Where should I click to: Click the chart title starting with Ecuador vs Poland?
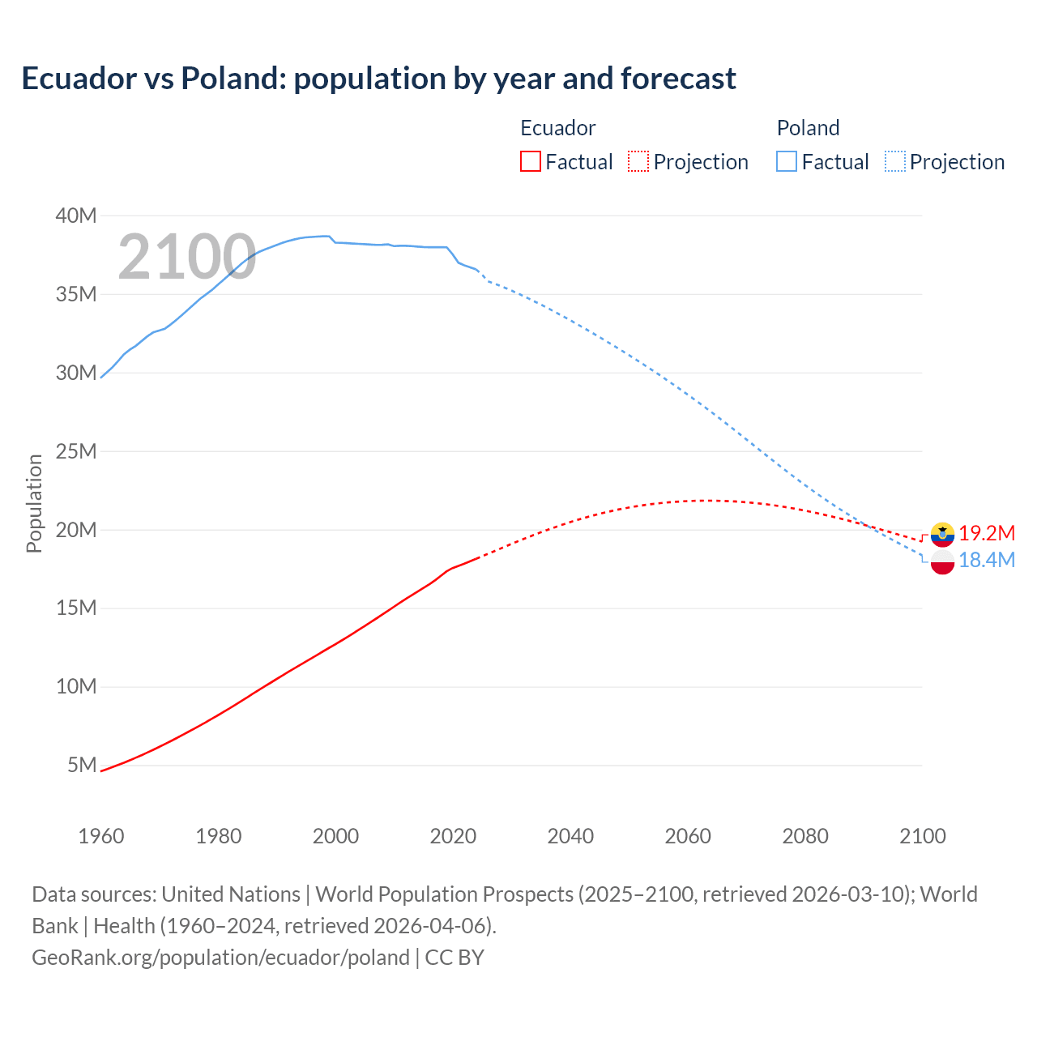(378, 79)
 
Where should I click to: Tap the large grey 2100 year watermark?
(187, 257)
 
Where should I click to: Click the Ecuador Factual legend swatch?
(530, 161)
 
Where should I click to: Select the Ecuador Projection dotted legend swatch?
(638, 161)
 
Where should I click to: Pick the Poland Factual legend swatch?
(787, 161)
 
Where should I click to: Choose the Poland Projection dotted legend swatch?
(895, 161)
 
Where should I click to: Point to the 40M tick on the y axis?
(76, 216)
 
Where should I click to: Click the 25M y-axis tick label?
(76, 451)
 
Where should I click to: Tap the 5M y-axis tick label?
(82, 765)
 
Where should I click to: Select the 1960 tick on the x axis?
(101, 836)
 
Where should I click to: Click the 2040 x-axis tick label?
(570, 836)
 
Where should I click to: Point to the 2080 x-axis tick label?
(805, 836)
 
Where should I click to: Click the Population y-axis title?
(34, 503)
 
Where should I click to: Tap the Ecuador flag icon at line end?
(942, 534)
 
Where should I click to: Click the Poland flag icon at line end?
(942, 561)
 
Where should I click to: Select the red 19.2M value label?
(987, 533)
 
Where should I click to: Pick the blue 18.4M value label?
(987, 560)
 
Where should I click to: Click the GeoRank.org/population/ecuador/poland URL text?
(220, 957)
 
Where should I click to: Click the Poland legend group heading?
(808, 128)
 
